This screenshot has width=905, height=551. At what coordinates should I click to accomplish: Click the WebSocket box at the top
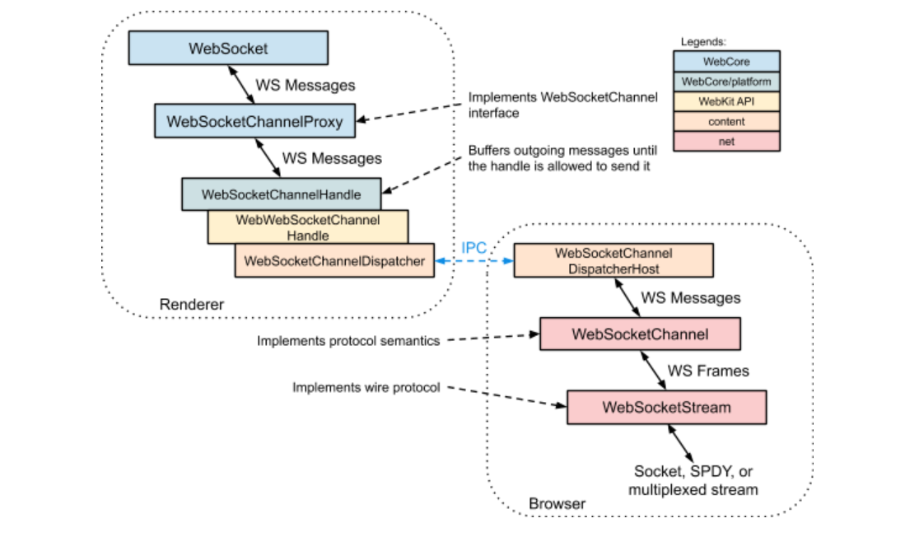[228, 48]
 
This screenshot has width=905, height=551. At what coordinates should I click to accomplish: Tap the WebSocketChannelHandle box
[282, 194]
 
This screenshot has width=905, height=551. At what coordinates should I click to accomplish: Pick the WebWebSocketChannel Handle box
[307, 227]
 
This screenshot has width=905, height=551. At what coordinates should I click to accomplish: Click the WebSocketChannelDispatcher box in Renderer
[334, 261]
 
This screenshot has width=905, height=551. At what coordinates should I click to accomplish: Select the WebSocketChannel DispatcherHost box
[613, 260]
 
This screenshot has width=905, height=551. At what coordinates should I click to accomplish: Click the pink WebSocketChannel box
[640, 334]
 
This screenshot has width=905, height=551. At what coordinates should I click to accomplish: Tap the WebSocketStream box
[666, 407]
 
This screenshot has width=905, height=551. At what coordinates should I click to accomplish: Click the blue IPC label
[473, 248]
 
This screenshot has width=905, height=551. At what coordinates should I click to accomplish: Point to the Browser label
[557, 503]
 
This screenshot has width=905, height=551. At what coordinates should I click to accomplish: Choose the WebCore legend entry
[726, 62]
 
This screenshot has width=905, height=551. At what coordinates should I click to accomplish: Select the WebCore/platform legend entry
[726, 82]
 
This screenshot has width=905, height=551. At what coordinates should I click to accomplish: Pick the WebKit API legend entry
[726, 101]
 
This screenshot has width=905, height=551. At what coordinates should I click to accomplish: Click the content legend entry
[726, 121]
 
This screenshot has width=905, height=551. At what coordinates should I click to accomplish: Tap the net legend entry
[726, 141]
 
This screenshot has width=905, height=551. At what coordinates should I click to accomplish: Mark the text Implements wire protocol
[366, 387]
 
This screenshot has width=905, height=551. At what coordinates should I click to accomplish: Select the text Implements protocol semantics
[348, 341]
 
